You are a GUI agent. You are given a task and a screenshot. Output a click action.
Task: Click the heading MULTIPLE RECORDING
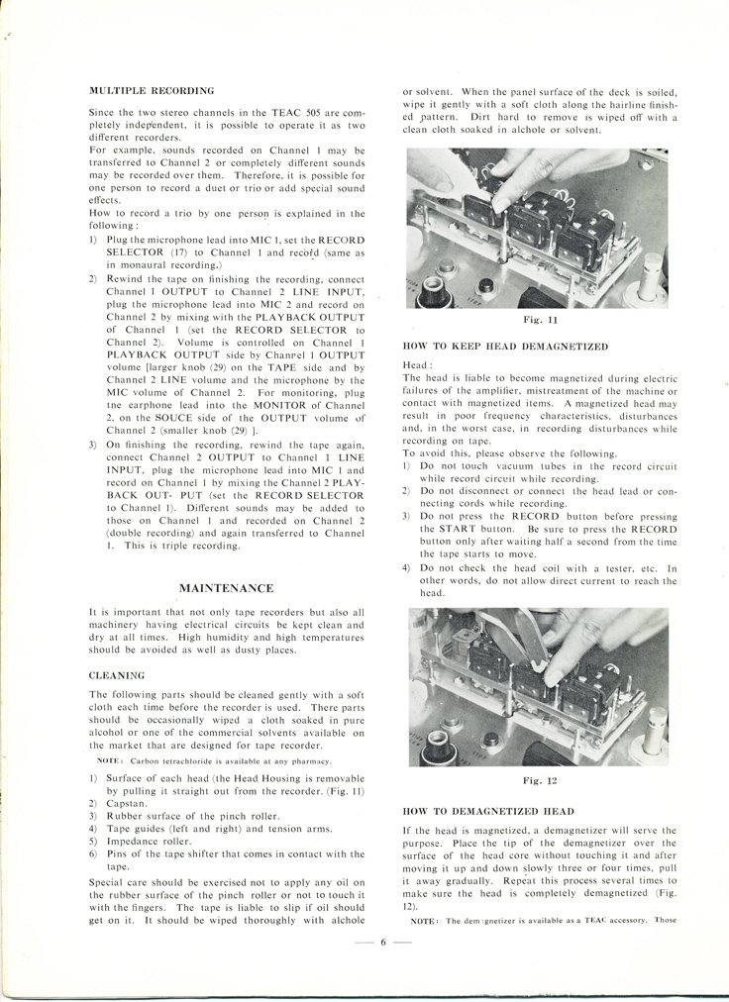pyautogui.click(x=152, y=90)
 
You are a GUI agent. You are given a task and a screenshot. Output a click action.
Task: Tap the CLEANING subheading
pyautogui.click(x=117, y=675)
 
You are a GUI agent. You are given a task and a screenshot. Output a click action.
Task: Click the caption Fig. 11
pyautogui.click(x=541, y=320)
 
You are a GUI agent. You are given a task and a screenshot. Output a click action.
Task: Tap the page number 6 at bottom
pyautogui.click(x=381, y=941)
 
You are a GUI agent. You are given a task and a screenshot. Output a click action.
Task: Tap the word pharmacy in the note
pyautogui.click(x=305, y=760)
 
